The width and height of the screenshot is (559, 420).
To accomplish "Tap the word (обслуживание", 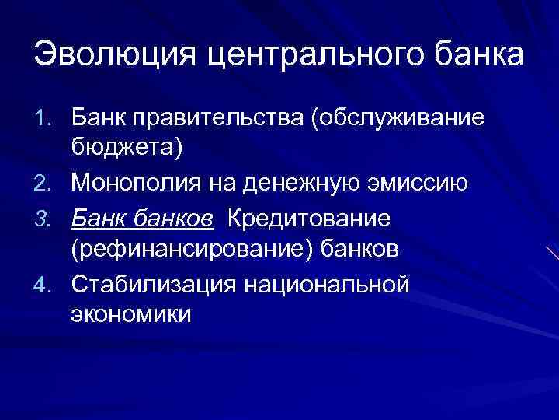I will [x=398, y=117].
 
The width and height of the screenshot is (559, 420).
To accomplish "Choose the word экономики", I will [x=130, y=315].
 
